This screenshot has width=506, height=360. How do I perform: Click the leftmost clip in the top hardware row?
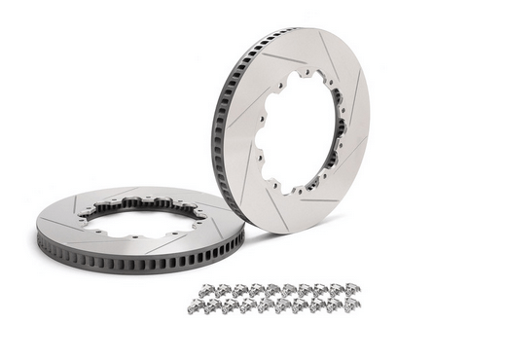coord(205,291)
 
